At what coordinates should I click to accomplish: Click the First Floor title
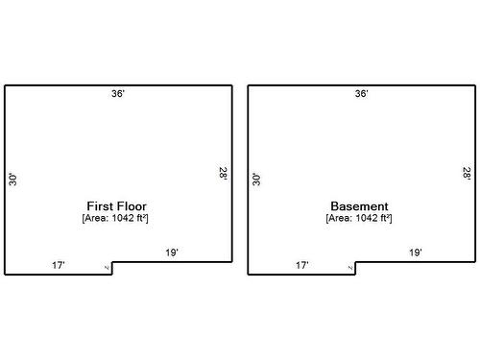(x=116, y=206)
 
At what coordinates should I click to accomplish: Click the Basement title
(x=359, y=206)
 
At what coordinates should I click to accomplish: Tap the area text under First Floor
(x=116, y=219)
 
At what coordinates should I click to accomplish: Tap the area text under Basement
(x=359, y=219)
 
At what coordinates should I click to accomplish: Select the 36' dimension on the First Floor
(x=118, y=94)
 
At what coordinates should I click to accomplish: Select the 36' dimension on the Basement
(x=361, y=94)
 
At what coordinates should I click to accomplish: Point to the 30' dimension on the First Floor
(x=13, y=179)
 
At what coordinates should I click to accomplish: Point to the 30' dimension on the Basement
(x=256, y=179)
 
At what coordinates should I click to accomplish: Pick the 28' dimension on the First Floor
(x=223, y=174)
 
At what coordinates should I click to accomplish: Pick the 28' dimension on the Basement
(x=467, y=174)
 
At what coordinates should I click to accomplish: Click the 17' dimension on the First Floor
(x=59, y=265)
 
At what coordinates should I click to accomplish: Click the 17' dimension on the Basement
(x=301, y=265)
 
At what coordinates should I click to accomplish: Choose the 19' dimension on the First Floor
(x=172, y=252)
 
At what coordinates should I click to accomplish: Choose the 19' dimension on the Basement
(x=416, y=252)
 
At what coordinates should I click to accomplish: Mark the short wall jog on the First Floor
(x=112, y=268)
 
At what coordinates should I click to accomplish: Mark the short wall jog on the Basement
(x=356, y=268)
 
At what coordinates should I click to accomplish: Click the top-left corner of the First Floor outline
(x=5, y=86)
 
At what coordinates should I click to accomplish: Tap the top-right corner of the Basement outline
(x=474, y=86)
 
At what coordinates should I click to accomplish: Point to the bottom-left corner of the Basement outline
(x=249, y=274)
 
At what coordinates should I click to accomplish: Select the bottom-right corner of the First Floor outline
(x=231, y=261)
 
